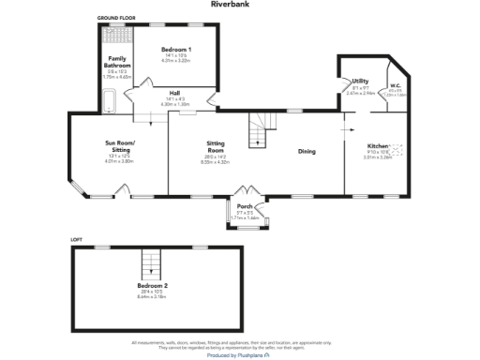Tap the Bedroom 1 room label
point(176,49)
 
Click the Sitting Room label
point(217,145)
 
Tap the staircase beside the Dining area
point(258,132)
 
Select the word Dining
point(307,151)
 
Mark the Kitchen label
point(377,147)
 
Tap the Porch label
point(245,207)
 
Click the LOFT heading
point(78,240)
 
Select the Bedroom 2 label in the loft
point(153,285)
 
